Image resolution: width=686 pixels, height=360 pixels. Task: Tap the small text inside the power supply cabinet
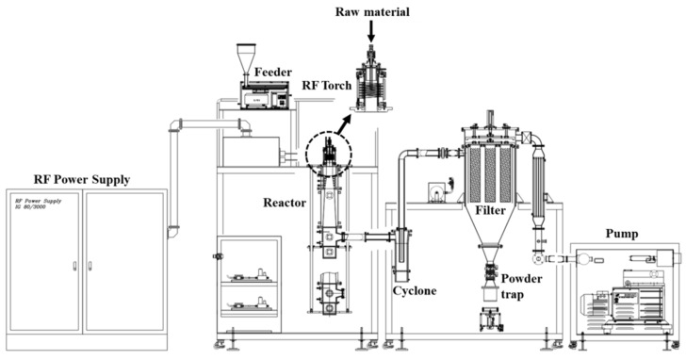pyautogui.click(x=40, y=205)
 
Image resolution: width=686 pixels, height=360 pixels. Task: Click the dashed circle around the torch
pyautogui.click(x=329, y=151)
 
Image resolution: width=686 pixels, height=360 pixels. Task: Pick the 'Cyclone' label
pyautogui.click(x=415, y=291)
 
